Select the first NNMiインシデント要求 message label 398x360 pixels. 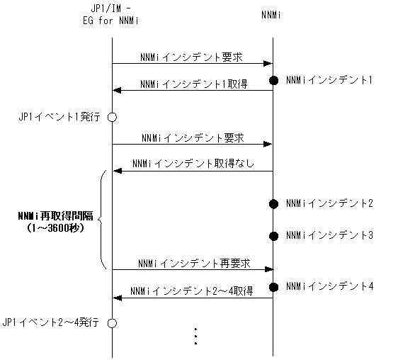(x=192, y=56)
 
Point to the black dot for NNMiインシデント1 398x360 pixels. (x=273, y=80)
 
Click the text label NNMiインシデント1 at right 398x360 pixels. (x=329, y=80)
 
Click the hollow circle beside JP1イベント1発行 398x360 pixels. (x=111, y=116)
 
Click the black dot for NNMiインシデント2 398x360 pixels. (x=273, y=204)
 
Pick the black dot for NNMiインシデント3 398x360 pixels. (x=273, y=235)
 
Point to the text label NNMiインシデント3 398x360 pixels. (x=329, y=235)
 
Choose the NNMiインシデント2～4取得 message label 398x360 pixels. (x=192, y=291)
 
